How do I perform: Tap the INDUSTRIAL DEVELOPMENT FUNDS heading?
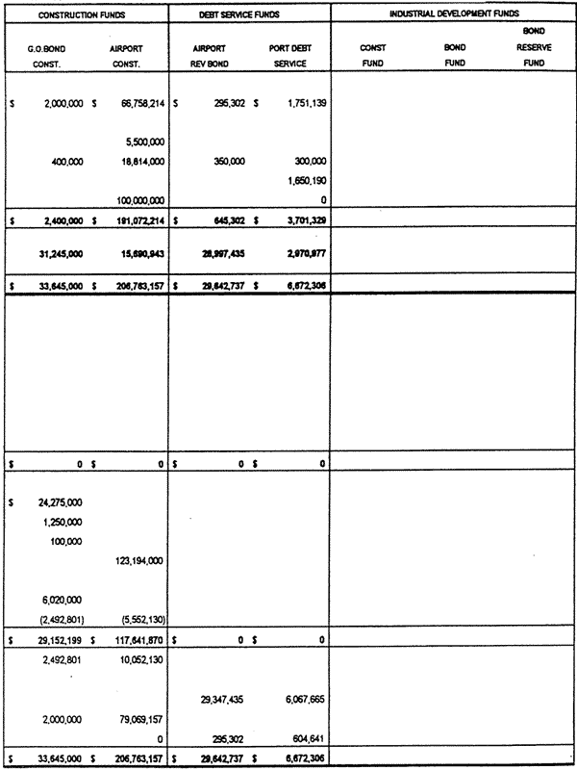[454, 14]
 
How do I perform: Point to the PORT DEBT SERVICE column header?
[304, 54]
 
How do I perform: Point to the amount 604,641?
[308, 738]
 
